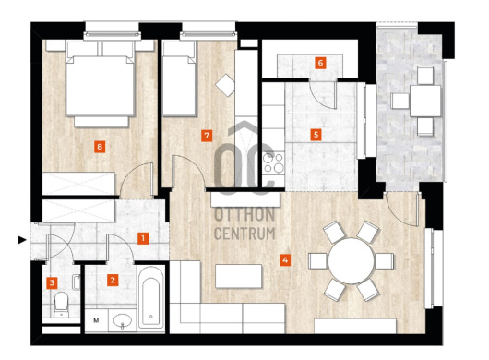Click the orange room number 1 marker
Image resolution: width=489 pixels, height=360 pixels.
[143, 239]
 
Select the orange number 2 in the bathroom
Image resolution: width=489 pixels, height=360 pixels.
[113, 280]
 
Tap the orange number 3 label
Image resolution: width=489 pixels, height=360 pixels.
[52, 283]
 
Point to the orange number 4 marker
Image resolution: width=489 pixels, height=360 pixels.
[285, 260]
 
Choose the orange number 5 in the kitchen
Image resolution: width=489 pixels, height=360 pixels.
[316, 135]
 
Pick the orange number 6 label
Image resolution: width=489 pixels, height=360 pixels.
[320, 63]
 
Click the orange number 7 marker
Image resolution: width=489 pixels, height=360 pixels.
[207, 136]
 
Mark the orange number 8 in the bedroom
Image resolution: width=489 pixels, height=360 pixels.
[100, 147]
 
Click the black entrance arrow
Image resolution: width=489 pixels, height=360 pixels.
[22, 240]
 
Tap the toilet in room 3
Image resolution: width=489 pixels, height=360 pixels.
[61, 305]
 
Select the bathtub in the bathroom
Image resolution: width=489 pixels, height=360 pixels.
[151, 297]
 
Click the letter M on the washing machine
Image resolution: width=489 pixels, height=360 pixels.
[96, 320]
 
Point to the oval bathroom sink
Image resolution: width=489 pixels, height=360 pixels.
[123, 320]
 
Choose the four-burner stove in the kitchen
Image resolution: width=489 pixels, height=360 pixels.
[273, 163]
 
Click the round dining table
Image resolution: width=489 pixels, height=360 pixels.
[351, 261]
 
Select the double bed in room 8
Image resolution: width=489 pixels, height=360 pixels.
[101, 84]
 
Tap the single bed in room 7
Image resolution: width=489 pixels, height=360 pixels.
[179, 78]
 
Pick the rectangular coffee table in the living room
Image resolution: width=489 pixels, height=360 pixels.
[239, 276]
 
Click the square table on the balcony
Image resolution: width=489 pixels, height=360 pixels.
[425, 101]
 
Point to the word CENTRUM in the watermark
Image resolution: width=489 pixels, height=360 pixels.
[244, 234]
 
